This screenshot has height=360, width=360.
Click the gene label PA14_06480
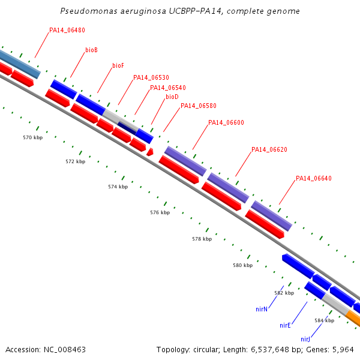click(x=67, y=30)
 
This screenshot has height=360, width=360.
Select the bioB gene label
click(x=91, y=50)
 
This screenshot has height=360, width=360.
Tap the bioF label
click(x=118, y=65)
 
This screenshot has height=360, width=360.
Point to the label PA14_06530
click(x=151, y=77)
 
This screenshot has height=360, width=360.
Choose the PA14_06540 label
click(x=168, y=88)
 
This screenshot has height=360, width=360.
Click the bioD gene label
click(x=172, y=97)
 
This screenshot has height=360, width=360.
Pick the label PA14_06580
click(x=199, y=106)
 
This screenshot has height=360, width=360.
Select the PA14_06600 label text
click(x=226, y=122)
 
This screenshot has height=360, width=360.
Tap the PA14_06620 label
click(x=269, y=149)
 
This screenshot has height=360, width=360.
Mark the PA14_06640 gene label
click(x=314, y=178)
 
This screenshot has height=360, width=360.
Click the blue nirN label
click(x=262, y=309)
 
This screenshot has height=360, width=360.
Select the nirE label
click(x=285, y=325)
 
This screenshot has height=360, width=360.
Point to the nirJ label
click(x=305, y=339)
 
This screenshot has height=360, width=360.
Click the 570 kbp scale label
click(x=32, y=137)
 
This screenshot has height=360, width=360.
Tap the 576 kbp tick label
click(x=160, y=212)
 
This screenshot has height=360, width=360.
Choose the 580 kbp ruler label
click(x=242, y=265)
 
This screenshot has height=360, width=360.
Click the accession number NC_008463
click(x=65, y=350)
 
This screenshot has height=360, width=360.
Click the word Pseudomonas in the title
click(x=89, y=11)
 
